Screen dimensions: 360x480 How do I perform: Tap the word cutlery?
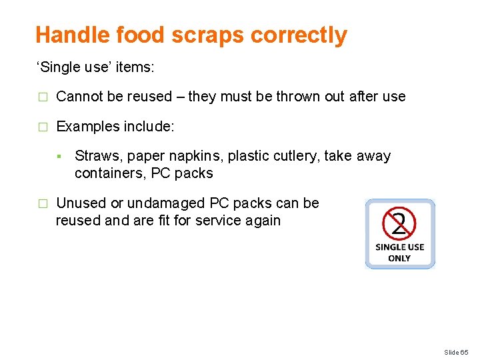(296, 156)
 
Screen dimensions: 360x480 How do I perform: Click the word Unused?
(81, 203)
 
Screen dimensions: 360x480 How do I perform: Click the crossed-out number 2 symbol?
(399, 223)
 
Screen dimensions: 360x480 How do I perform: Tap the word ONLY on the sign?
(399, 258)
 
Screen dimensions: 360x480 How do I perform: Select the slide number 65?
(465, 352)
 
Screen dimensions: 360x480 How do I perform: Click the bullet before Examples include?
(42, 127)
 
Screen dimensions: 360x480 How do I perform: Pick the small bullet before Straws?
(59, 157)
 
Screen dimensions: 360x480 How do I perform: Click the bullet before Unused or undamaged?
(42, 203)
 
